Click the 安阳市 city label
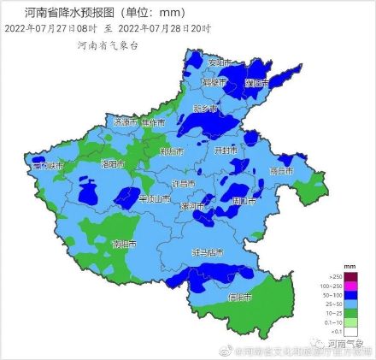(220, 62)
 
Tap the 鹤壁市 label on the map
(214, 83)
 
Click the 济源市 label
(123, 122)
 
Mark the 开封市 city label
(226, 150)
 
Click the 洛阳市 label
(113, 162)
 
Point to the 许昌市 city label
(184, 184)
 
